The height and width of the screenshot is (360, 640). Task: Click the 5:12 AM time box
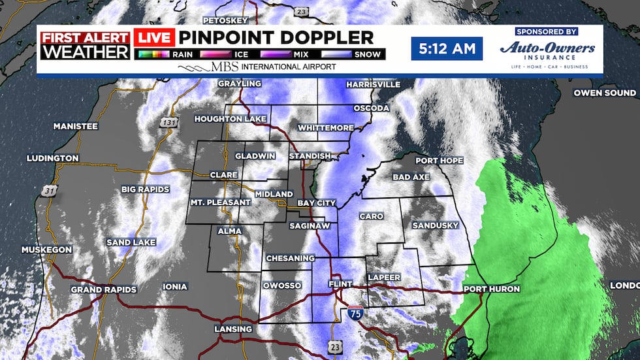[x=447, y=48]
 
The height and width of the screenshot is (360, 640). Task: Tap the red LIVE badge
[x=154, y=38]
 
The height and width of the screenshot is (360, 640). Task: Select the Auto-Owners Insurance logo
[x=547, y=50]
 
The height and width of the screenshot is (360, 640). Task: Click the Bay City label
[x=317, y=203]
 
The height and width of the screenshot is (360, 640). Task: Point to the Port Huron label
[x=491, y=289]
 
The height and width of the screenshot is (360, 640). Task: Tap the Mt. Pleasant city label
[x=220, y=203]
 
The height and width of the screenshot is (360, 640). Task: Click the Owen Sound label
[x=605, y=93]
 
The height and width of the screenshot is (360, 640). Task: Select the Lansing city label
[x=233, y=329]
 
